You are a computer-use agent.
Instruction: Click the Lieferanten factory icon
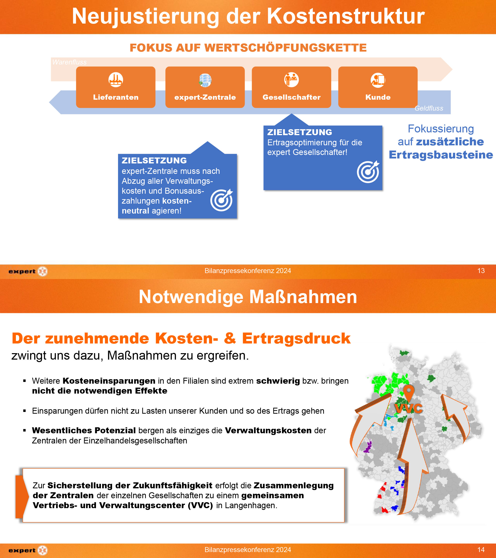116,80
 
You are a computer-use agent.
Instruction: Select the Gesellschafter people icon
291,80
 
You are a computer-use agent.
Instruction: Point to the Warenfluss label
69,62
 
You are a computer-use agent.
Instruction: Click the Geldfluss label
429,108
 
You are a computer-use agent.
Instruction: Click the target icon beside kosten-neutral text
221,200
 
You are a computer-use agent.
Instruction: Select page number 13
481,271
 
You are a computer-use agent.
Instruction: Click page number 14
481,550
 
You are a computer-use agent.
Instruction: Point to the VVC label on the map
408,409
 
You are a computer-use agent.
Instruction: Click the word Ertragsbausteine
441,155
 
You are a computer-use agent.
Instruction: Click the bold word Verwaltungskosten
268,431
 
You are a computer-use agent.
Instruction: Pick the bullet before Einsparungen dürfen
25,411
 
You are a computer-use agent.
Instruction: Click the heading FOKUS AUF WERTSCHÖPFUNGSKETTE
248,48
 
